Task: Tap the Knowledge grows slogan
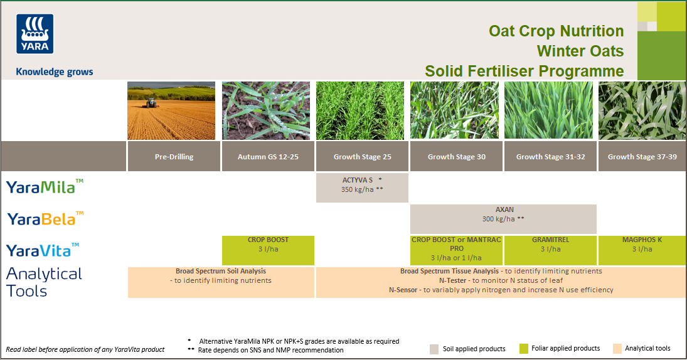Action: point(54,71)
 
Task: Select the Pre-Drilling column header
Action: point(174,157)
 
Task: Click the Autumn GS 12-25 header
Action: point(268,157)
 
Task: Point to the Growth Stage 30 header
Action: point(456,157)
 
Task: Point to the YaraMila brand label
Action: point(45,186)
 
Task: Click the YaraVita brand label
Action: point(43,250)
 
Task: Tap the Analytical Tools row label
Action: point(44,282)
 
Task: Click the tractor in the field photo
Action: point(151,102)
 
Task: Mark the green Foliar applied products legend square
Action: point(525,349)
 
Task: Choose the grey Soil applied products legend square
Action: point(434,349)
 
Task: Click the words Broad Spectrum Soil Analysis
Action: point(221,272)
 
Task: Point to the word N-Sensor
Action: point(403,290)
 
